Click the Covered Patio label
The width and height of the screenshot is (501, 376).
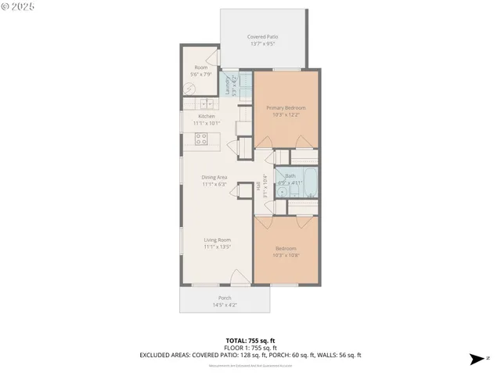pyautogui.click(x=262, y=37)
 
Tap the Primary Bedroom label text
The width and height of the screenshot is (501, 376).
pyautogui.click(x=285, y=107)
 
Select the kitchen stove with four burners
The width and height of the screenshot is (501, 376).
pyautogui.click(x=201, y=139)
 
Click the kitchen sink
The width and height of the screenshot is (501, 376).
pyautogui.click(x=207, y=103)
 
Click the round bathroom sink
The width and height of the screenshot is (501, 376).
pyautogui.click(x=283, y=190)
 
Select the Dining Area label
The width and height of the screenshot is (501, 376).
pyautogui.click(x=214, y=178)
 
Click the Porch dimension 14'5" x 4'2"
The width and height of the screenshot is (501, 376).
pyautogui.click(x=225, y=305)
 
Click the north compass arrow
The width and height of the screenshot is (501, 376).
pyautogui.click(x=474, y=360)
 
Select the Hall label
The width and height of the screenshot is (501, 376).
pyautogui.click(x=258, y=186)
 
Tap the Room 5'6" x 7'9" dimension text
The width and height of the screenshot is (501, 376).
pyautogui.click(x=203, y=74)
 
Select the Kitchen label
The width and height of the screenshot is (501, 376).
pyautogui.click(x=206, y=116)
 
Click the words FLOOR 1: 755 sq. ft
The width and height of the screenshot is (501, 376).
pyautogui.click(x=250, y=348)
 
